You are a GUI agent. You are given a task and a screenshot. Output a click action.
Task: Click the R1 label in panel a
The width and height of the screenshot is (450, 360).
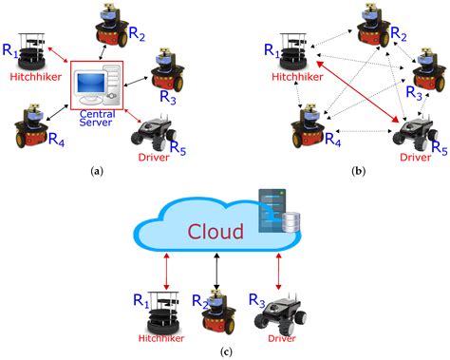[11, 47]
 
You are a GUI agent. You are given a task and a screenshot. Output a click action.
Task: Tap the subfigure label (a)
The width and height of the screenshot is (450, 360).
[94, 170]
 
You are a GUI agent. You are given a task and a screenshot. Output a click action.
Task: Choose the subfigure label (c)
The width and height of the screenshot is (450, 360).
[224, 352]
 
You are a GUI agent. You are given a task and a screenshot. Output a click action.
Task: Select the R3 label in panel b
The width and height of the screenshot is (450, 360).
[415, 91]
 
